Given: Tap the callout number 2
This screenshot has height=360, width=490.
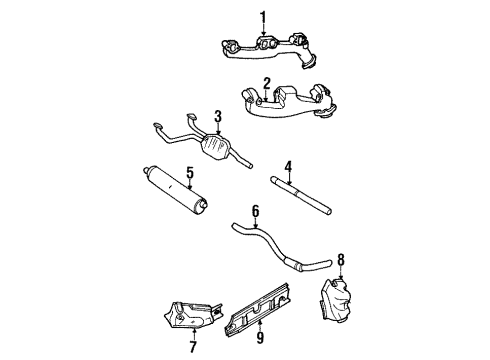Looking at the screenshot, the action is point(268,83).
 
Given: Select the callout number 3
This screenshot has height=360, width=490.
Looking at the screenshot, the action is point(218,116).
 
